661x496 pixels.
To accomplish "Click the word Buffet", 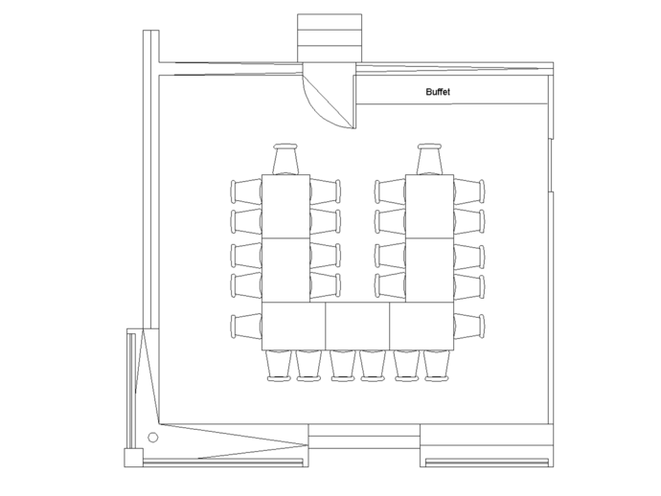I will [437, 92].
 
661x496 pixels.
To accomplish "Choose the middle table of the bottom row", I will [356, 327].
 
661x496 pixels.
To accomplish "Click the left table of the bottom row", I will [293, 327].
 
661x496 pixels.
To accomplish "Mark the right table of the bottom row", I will [420, 327].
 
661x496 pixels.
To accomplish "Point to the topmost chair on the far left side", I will [245, 190].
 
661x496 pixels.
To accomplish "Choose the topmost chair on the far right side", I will [470, 190].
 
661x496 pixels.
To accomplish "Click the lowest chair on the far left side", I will [245, 324].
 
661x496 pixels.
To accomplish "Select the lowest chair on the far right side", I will [470, 324].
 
